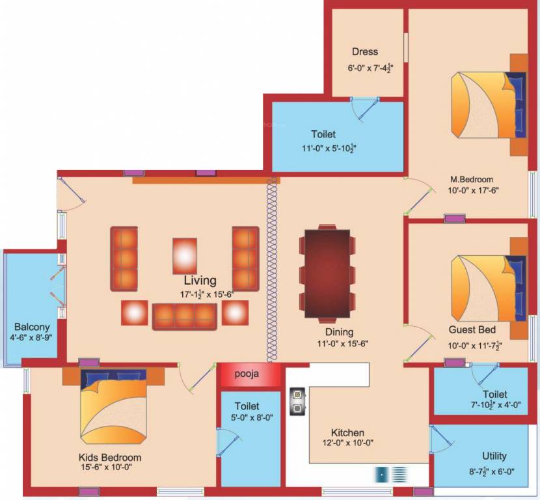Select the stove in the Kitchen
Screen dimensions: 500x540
pyautogui.click(x=298, y=402)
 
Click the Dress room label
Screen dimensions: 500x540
pyautogui.click(x=364, y=52)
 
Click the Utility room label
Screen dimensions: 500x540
pyautogui.click(x=494, y=456)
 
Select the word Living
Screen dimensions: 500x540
pyautogui.click(x=200, y=281)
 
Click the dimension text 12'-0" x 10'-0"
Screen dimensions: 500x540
pyautogui.click(x=347, y=443)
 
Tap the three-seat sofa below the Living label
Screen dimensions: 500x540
pyautogui.click(x=185, y=315)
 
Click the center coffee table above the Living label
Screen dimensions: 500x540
pyautogui.click(x=185, y=255)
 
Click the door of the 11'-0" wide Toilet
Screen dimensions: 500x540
pyautogui.click(x=366, y=109)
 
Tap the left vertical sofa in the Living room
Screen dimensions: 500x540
pyautogui.click(x=124, y=258)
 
